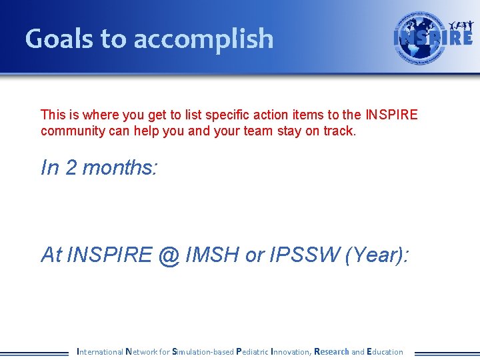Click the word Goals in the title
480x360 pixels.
59,39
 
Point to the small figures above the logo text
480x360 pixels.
461,25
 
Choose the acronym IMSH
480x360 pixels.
212,255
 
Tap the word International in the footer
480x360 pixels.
100,351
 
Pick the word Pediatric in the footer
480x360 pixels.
253,351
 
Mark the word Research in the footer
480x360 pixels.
331,351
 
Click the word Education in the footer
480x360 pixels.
385,351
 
